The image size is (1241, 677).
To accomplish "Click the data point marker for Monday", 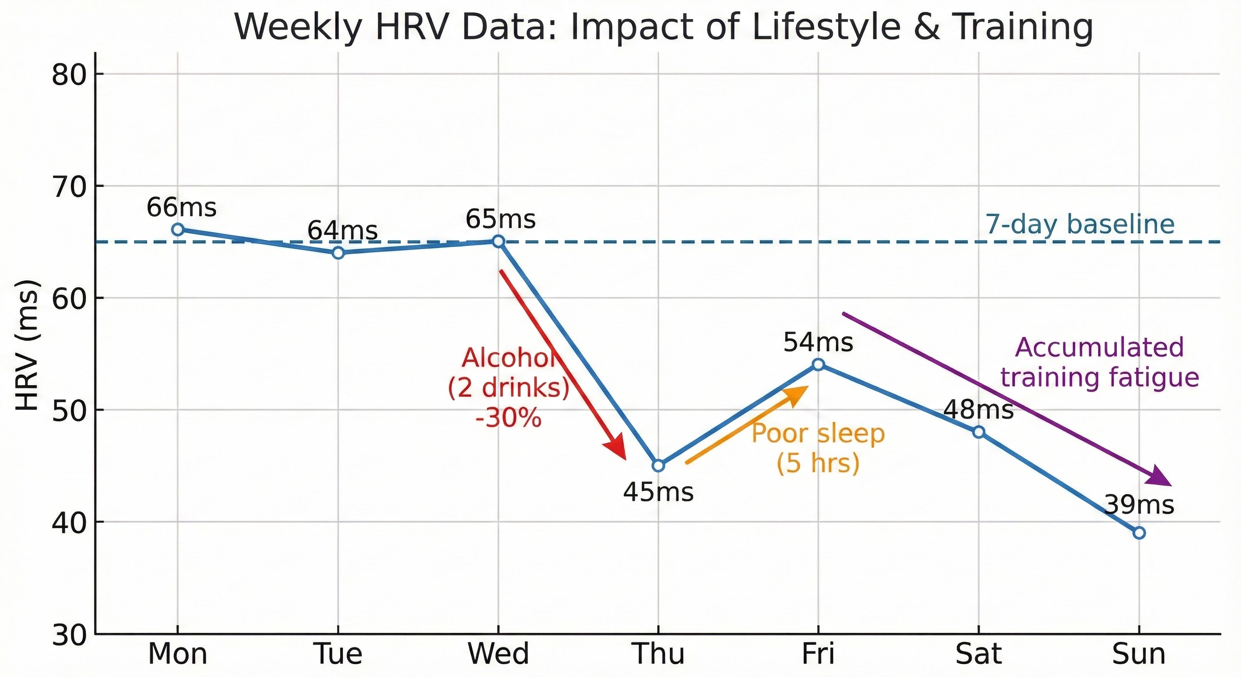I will (178, 229).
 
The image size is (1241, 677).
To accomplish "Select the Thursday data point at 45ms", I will (658, 465).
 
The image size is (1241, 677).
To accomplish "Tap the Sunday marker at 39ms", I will (1139, 533).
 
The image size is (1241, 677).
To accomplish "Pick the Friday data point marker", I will (818, 364).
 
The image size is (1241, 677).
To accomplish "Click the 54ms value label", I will (818, 342).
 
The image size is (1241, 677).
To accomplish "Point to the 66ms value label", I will (181, 208).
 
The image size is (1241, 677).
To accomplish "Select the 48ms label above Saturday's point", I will (978, 410).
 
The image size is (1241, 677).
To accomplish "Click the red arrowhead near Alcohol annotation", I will (617, 448).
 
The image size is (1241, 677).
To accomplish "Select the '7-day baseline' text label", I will (1080, 224).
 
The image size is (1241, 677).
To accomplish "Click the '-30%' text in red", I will (508, 418).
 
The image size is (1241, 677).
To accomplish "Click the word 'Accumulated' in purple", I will (1100, 347).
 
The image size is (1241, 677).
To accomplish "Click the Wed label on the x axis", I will (498, 654).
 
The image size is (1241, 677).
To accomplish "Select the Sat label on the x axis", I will (978, 654).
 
